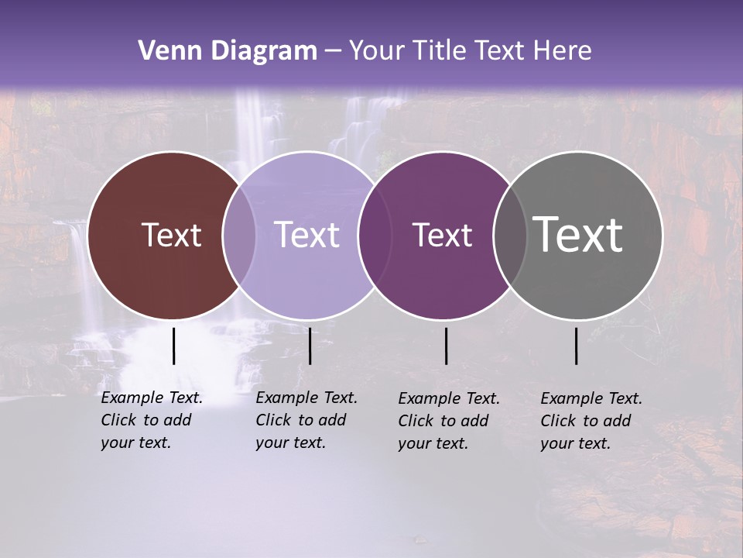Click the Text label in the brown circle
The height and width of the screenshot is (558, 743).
click(x=171, y=235)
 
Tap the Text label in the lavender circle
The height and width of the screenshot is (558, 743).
click(x=307, y=235)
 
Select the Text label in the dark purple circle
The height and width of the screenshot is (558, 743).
click(x=443, y=235)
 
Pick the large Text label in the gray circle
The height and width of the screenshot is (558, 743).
click(x=578, y=234)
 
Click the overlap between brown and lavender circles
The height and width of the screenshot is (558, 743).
click(x=239, y=236)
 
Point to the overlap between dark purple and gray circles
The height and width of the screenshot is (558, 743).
click(x=510, y=236)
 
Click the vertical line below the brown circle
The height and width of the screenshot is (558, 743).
click(x=173, y=346)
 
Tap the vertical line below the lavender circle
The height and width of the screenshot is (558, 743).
click(x=310, y=346)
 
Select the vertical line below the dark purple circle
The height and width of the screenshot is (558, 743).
click(x=446, y=346)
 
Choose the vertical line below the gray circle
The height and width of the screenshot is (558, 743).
click(x=577, y=346)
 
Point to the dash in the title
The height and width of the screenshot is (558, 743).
click(x=333, y=51)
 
